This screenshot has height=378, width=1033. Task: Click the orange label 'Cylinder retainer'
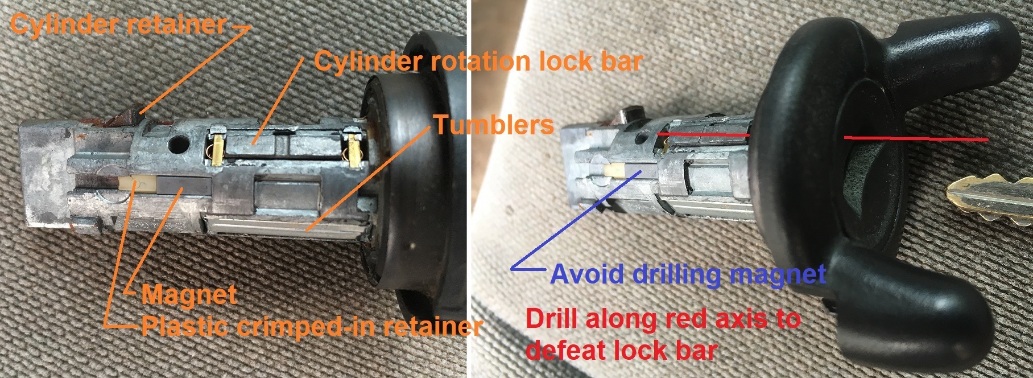point(118,24)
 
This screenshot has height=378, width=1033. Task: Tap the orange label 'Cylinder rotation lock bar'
point(478,61)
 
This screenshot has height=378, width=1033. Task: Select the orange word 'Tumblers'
point(494,125)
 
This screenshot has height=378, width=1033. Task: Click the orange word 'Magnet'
point(189,294)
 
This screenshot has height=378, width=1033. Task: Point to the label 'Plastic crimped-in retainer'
point(312,326)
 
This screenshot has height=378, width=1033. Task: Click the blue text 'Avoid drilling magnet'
point(688,274)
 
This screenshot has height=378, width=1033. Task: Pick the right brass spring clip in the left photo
point(353,149)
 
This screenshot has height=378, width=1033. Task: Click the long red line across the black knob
point(916,138)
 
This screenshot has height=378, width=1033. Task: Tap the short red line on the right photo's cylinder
point(704,134)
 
